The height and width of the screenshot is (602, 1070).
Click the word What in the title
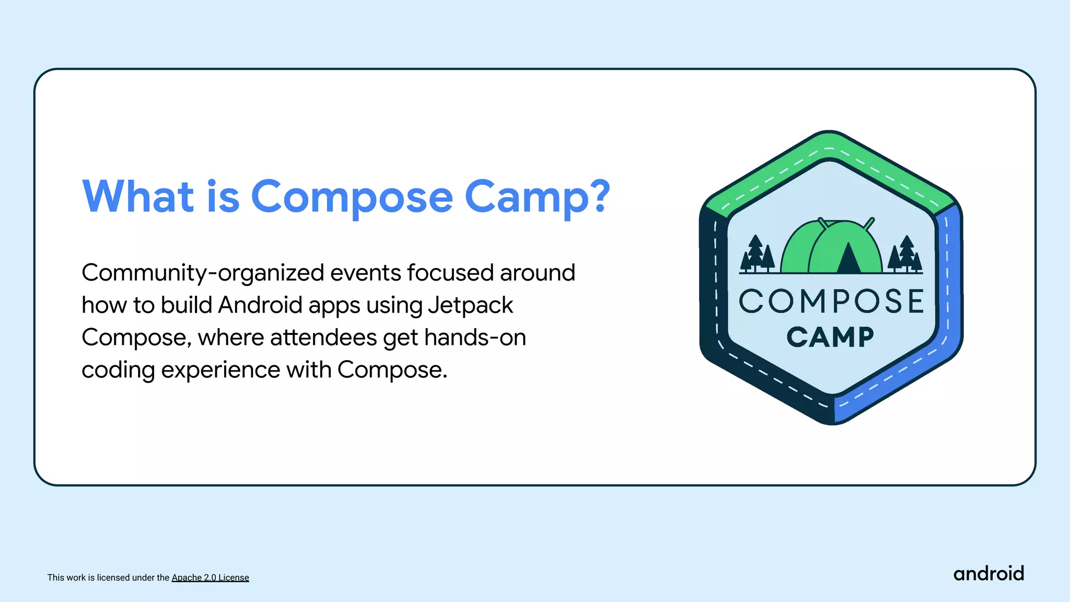(x=138, y=196)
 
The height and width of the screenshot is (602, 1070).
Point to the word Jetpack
(x=470, y=306)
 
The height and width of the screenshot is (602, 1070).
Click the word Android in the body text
(x=260, y=305)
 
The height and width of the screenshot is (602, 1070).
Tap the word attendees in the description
(x=323, y=338)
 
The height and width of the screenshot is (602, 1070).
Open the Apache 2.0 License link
(x=210, y=577)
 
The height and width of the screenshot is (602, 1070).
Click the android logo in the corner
(x=988, y=574)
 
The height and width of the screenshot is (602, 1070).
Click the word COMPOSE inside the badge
(x=831, y=302)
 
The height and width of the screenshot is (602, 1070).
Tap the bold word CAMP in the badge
(x=830, y=337)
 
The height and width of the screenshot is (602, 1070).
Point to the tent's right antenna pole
(x=869, y=224)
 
